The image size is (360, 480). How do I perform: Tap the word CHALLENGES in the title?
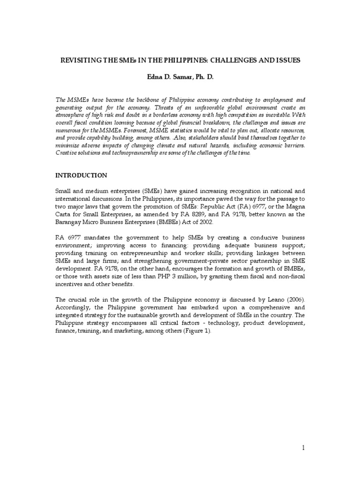click(x=233, y=60)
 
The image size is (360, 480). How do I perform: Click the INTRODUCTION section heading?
click(x=82, y=175)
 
